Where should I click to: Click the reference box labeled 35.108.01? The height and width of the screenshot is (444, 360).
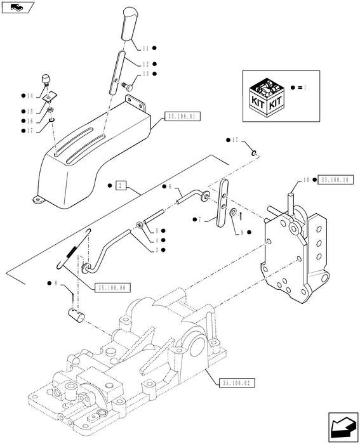coord(182,116)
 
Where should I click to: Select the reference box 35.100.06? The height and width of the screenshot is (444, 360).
coord(112,288)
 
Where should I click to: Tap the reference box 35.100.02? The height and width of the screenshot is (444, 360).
coord(237,383)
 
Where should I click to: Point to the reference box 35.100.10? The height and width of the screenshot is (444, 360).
coord(336,180)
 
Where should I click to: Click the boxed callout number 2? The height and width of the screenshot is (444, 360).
coord(121,186)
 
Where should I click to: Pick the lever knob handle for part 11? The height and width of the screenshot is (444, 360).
coord(130,24)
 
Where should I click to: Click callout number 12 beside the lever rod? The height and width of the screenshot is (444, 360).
coord(145,64)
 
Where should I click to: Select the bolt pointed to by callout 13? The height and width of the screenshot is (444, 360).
coord(128,86)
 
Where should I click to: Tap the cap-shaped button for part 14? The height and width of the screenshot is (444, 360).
coord(45,79)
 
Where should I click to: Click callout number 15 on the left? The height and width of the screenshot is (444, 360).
coord(30,111)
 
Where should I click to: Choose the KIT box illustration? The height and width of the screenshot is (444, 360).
coord(266,98)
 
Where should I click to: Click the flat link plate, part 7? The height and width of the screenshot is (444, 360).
coord(223,203)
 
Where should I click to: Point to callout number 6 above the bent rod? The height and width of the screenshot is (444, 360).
coord(170,186)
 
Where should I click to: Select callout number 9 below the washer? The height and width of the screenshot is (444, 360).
coord(242,233)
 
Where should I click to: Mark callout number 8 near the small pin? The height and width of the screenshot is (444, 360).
coord(56,283)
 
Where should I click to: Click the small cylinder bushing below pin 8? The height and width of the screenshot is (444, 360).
coord(76,315)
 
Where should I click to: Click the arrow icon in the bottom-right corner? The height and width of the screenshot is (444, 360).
coord(343,428)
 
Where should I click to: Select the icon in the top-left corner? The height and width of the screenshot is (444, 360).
coord(18,7)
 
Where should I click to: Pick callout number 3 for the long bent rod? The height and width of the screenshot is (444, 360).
coord(157,250)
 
